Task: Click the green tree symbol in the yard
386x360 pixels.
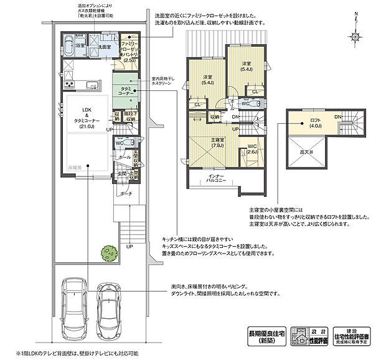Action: (110, 254)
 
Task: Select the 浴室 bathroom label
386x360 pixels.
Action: (80, 45)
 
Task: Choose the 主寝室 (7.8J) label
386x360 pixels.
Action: (217, 143)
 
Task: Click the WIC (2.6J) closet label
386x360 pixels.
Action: (252, 149)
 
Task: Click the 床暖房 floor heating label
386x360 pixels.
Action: (75, 168)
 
